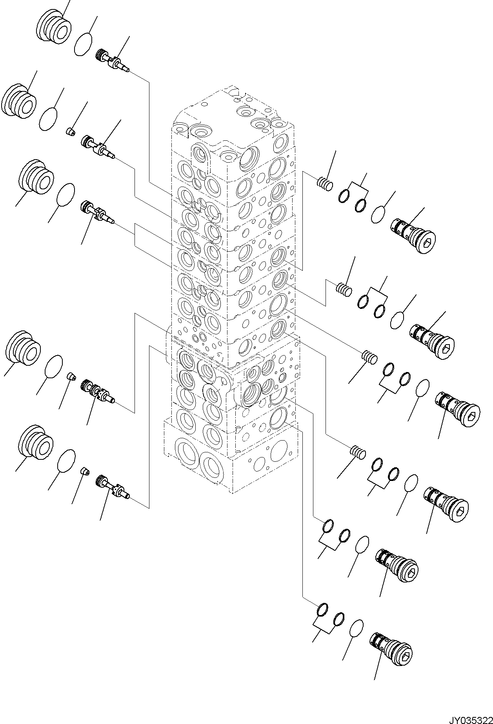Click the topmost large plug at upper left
tap(55, 27)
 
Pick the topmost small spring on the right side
tap(325, 183)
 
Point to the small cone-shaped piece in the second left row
tap(70, 131)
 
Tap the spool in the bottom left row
tap(113, 486)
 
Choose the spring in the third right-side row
tap(369, 357)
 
